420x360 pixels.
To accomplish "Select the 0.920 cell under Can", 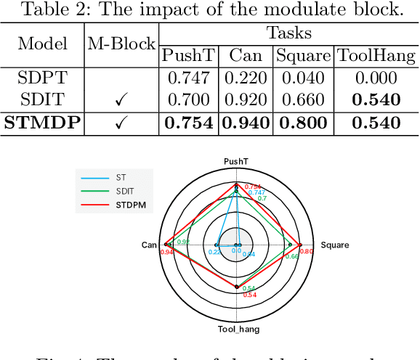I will tap(246, 100).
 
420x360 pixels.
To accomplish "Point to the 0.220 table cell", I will tap(246, 78).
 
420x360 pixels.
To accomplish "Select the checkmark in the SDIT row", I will tap(122, 100).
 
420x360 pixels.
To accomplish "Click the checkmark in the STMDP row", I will tap(122, 123).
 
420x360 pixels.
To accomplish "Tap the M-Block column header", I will tap(122, 44).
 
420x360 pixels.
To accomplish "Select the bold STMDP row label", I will tap(42, 123).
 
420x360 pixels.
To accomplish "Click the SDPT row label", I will tap(42, 78).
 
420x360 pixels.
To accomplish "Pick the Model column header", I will tap(42, 44).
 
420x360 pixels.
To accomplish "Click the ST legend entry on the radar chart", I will tap(121, 176).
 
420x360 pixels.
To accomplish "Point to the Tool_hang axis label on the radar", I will tap(238, 329).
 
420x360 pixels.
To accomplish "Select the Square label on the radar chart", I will tap(335, 245).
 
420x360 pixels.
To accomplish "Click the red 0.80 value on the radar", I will tap(306, 251).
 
